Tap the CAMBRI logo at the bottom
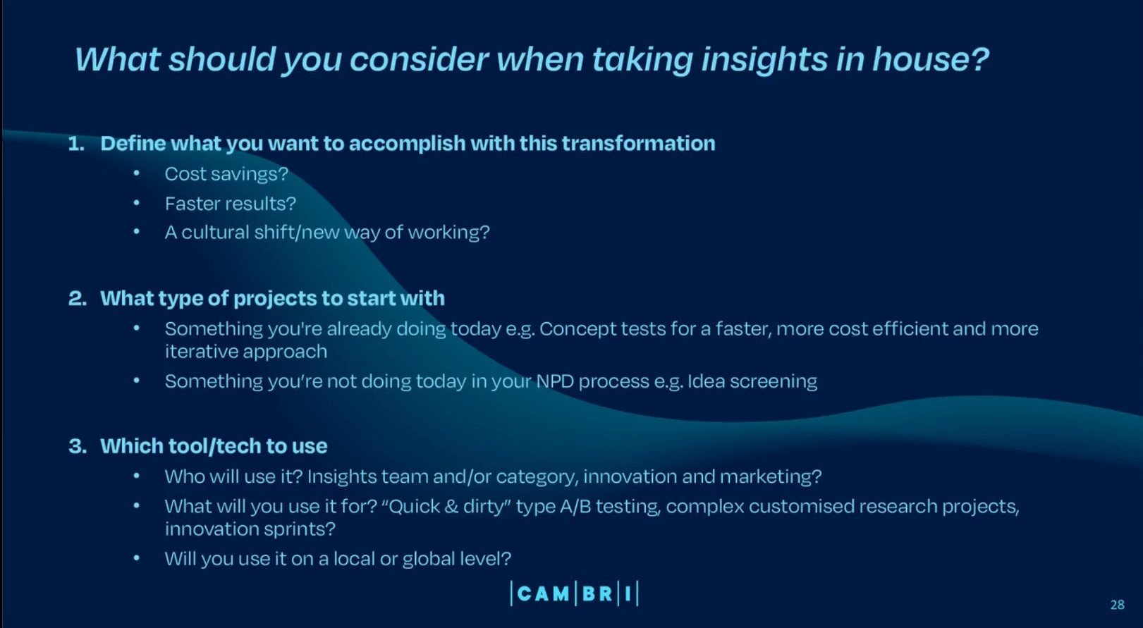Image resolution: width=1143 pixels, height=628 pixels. [574, 593]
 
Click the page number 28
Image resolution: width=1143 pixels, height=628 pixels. [1117, 605]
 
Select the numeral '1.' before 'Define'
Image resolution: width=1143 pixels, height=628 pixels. [76, 144]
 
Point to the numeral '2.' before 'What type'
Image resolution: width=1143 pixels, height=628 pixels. [77, 299]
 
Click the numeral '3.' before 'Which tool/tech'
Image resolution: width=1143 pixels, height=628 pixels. [77, 446]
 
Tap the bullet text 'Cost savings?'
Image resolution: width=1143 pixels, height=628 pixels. [226, 174]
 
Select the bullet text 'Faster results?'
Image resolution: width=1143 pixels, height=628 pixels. [230, 204]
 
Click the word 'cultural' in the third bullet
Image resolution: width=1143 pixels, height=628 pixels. [215, 233]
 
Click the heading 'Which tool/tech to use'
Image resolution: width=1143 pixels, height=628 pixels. [214, 446]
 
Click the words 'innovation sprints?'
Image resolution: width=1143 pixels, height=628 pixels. [250, 529]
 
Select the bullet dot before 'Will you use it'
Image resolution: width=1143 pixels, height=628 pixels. [137, 558]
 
